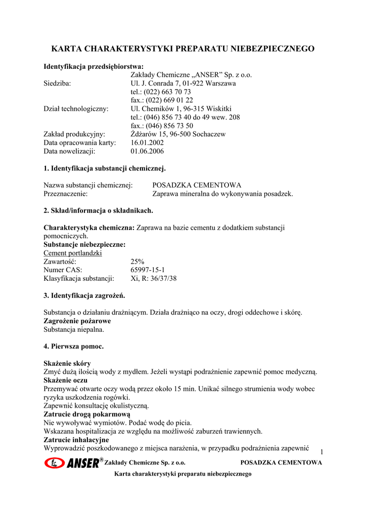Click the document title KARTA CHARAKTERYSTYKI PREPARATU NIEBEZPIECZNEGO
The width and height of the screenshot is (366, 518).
[183, 49]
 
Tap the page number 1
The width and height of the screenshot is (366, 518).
[322, 451]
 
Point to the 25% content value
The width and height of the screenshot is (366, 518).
[138, 262]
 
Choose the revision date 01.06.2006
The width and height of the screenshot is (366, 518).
[147, 151]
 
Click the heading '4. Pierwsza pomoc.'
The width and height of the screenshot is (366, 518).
[74, 347]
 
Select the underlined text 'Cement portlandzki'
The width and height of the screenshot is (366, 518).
[73, 253]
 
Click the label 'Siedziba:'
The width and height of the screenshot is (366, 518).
[57, 83]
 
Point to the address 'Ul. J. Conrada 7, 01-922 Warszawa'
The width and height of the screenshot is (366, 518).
[183, 83]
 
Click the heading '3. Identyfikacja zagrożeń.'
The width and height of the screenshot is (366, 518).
[84, 295]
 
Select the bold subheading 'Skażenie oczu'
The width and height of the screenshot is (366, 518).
[66, 380]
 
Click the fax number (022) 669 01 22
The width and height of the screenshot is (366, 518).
[162, 100]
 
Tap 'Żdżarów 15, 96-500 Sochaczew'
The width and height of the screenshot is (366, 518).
[178, 134]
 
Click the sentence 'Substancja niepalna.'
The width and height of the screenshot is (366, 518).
[74, 329]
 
